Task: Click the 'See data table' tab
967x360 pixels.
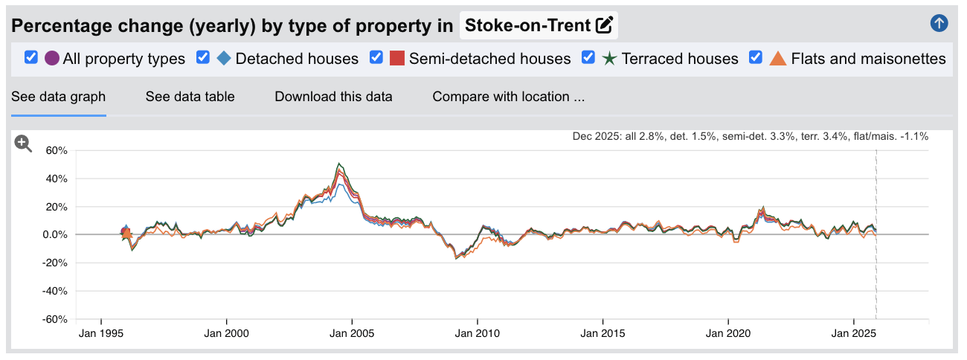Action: pyautogui.click(x=190, y=97)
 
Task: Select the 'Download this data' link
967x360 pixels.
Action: pyautogui.click(x=333, y=97)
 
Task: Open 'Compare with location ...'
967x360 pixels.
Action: pyautogui.click(x=508, y=97)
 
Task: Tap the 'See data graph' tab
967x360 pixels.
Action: pyautogui.click(x=58, y=97)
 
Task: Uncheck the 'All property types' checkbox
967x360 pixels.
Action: pyautogui.click(x=31, y=57)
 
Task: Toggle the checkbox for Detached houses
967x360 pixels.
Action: pyautogui.click(x=203, y=57)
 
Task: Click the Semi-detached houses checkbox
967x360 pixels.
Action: pyautogui.click(x=376, y=57)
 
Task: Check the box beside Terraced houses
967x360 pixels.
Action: pyautogui.click(x=588, y=57)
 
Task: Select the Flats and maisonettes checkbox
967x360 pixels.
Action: pyautogui.click(x=756, y=57)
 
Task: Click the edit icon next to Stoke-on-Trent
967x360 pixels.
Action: pyautogui.click(x=605, y=25)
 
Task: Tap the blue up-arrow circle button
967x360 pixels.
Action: pyautogui.click(x=939, y=23)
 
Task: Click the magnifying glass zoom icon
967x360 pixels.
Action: pyautogui.click(x=24, y=144)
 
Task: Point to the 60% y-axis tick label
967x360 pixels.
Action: pyautogui.click(x=56, y=150)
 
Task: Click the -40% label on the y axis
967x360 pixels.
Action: pyautogui.click(x=54, y=292)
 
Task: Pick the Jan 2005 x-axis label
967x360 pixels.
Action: pyautogui.click(x=352, y=333)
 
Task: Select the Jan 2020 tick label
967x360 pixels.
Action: pyautogui.click(x=727, y=333)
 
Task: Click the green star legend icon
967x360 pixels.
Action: pyautogui.click(x=609, y=58)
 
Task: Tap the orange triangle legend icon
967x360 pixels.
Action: pyautogui.click(x=777, y=58)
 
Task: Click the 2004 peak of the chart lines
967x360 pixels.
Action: pyautogui.click(x=339, y=164)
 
